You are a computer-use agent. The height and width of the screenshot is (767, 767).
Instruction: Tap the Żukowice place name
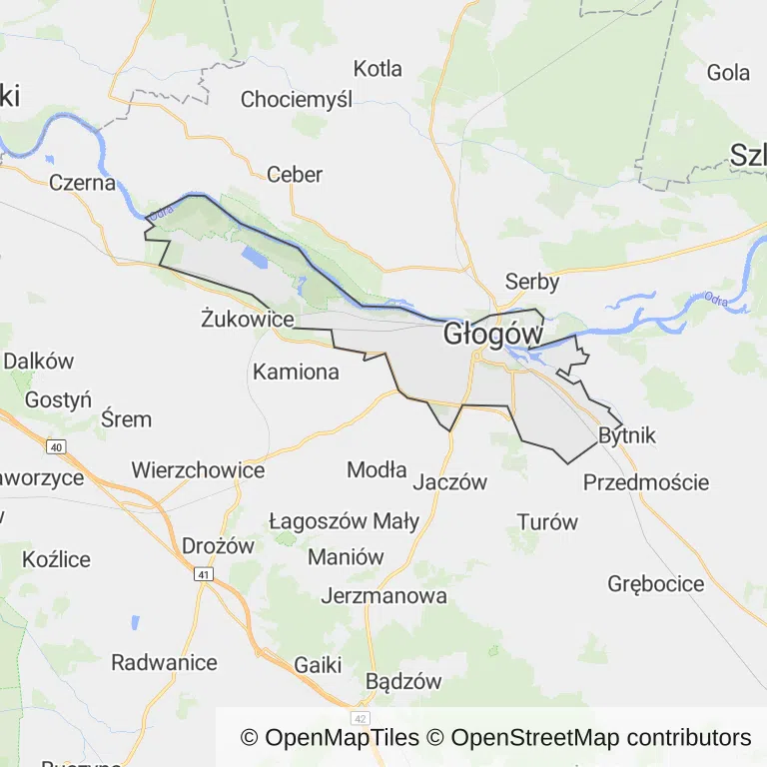247,320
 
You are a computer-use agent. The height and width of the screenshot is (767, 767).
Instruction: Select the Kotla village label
378,69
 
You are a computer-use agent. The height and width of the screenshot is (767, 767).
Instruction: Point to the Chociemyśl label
298,99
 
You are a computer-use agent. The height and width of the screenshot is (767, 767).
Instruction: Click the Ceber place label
295,175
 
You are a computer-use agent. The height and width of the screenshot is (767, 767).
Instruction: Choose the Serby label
532,282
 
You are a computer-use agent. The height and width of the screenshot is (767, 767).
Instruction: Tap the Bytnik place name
627,435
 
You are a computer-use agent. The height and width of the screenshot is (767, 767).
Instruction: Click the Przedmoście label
646,482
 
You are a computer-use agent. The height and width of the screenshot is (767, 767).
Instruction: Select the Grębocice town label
656,584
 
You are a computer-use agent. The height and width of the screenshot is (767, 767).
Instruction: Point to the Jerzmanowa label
383,596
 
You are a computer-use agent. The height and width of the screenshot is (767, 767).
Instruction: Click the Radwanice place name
164,662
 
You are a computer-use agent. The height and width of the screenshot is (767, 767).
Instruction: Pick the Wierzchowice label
198,469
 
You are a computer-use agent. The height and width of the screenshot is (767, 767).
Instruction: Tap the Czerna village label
82,183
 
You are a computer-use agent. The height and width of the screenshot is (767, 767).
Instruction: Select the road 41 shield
204,575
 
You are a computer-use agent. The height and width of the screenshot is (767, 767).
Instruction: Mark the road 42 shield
360,718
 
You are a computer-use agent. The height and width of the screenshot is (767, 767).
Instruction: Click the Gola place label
728,72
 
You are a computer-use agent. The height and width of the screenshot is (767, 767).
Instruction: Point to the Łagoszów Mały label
331,521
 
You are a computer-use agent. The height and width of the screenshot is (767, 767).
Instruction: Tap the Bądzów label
403,682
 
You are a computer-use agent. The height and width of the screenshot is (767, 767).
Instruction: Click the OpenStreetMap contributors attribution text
601,738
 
